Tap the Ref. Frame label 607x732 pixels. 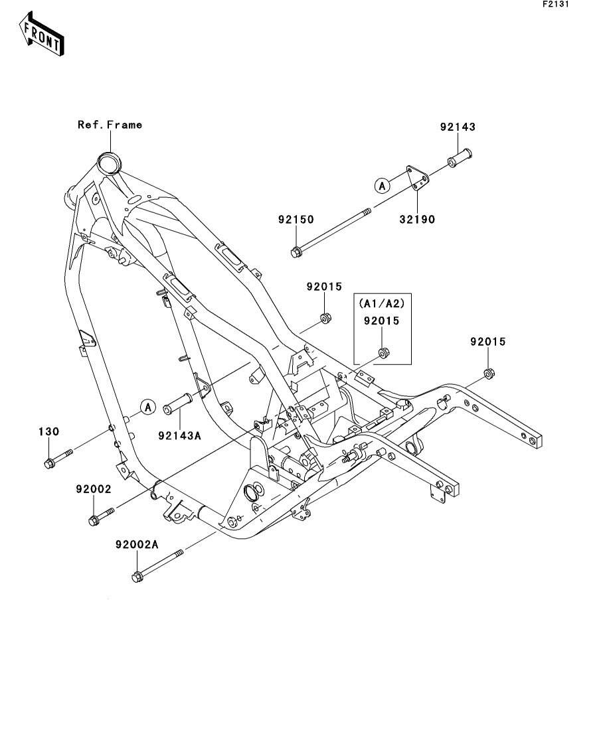pyautogui.click(x=110, y=124)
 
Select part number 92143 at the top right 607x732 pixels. pyautogui.click(x=458, y=127)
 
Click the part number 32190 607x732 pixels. pyautogui.click(x=416, y=219)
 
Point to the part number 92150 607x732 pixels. pyautogui.click(x=296, y=220)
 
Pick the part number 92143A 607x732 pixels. pyautogui.click(x=179, y=435)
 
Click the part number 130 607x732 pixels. pyautogui.click(x=49, y=431)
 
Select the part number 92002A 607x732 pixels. pyautogui.click(x=137, y=544)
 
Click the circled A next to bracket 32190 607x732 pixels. pyautogui.click(x=382, y=186)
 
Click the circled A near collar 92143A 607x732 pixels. pyautogui.click(x=147, y=406)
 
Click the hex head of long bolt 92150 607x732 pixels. pyautogui.click(x=296, y=252)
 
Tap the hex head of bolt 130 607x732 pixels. pyautogui.click(x=50, y=463)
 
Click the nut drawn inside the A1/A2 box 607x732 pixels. pyautogui.click(x=383, y=352)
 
